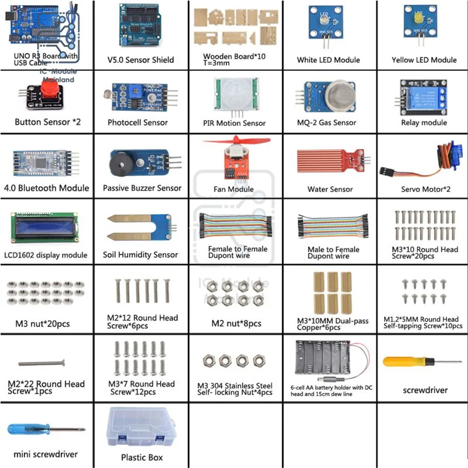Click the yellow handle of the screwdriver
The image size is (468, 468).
401,361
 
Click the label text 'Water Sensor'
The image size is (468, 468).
330,189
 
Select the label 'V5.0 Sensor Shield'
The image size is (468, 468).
140,60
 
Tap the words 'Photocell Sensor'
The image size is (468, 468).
138,123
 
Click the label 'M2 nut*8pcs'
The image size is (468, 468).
236,323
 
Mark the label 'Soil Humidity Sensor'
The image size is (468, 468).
140,255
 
